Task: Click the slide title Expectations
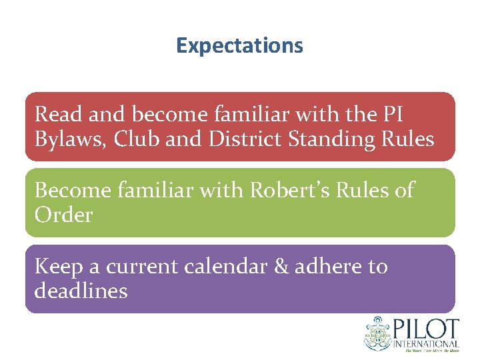(x=239, y=46)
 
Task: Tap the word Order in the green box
(x=63, y=215)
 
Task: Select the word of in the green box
(x=403, y=191)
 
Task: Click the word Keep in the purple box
(x=58, y=267)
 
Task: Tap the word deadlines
(x=81, y=291)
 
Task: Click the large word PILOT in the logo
(x=429, y=329)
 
